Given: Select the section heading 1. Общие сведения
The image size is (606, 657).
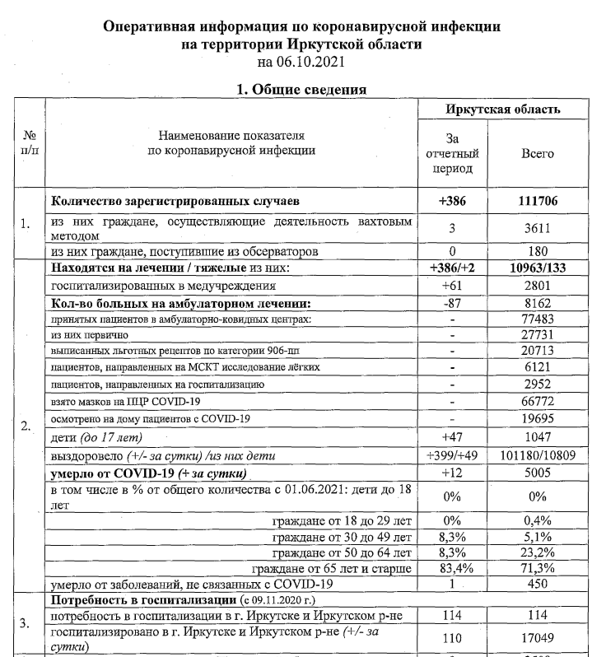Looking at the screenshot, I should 302,89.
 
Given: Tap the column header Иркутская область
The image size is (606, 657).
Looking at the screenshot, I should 504,109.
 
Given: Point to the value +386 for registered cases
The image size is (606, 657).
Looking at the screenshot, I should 451,201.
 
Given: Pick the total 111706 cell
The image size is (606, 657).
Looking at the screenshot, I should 539,201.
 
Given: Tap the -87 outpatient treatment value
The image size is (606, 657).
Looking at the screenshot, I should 451,303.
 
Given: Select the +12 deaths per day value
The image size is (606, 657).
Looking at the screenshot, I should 451,473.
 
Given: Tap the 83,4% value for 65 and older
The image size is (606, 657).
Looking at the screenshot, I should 451,569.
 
